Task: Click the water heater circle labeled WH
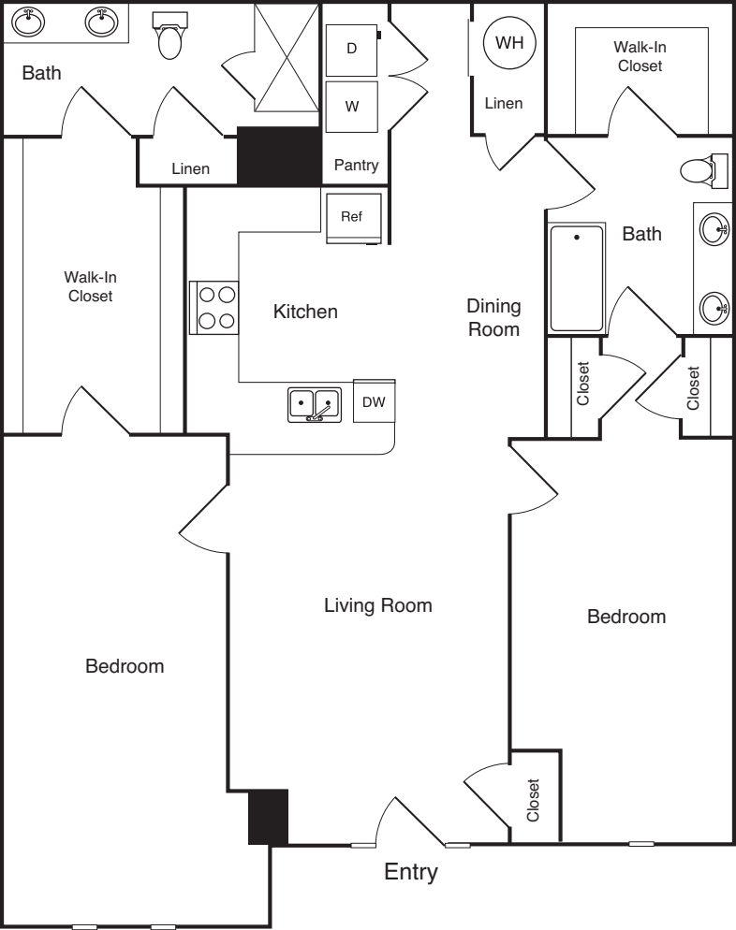(509, 43)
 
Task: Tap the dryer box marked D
(352, 49)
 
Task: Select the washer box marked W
(352, 106)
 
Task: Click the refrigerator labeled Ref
(352, 217)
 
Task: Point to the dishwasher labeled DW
(374, 401)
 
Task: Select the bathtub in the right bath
(576, 278)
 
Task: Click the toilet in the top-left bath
(169, 37)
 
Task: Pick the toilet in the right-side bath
(700, 171)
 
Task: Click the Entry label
(411, 873)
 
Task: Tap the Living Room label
(377, 605)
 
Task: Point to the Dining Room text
(493, 317)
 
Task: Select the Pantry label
(356, 166)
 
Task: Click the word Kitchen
(304, 312)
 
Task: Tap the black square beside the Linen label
(279, 155)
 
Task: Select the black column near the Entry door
(268, 817)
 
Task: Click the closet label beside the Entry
(534, 800)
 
